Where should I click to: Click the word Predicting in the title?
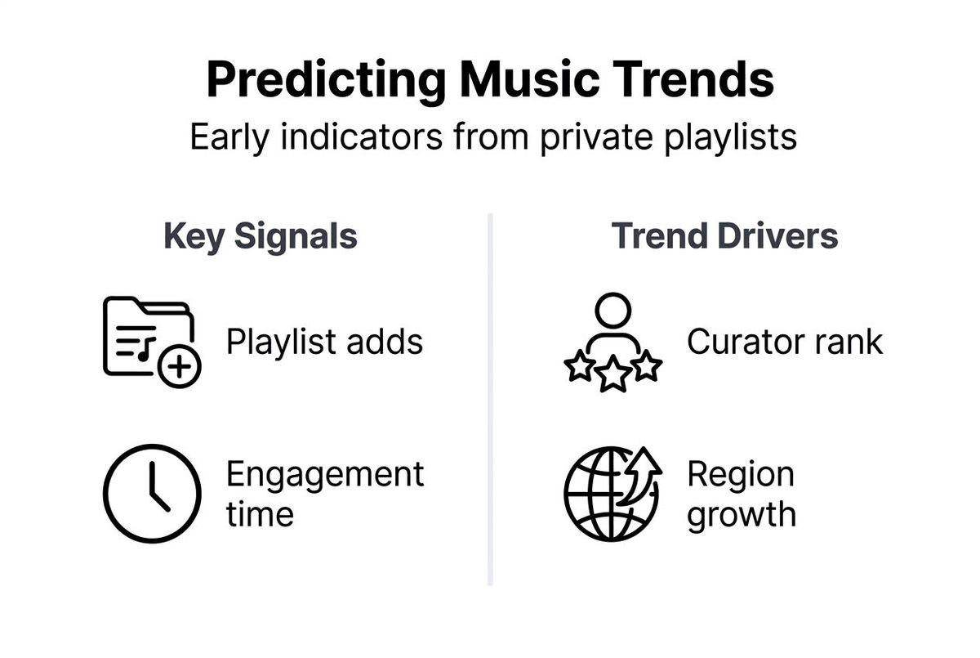[325, 81]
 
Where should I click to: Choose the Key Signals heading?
[261, 236]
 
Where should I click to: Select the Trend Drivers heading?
[724, 236]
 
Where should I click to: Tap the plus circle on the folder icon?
[179, 368]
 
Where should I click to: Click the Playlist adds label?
[324, 342]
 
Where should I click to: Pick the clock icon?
[152, 494]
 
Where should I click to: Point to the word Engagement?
[324, 474]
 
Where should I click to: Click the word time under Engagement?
[259, 515]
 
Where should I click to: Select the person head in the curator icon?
[612, 310]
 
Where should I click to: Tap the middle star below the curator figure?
[612, 375]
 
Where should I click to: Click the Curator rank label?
[784, 342]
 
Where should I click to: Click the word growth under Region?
[741, 515]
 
